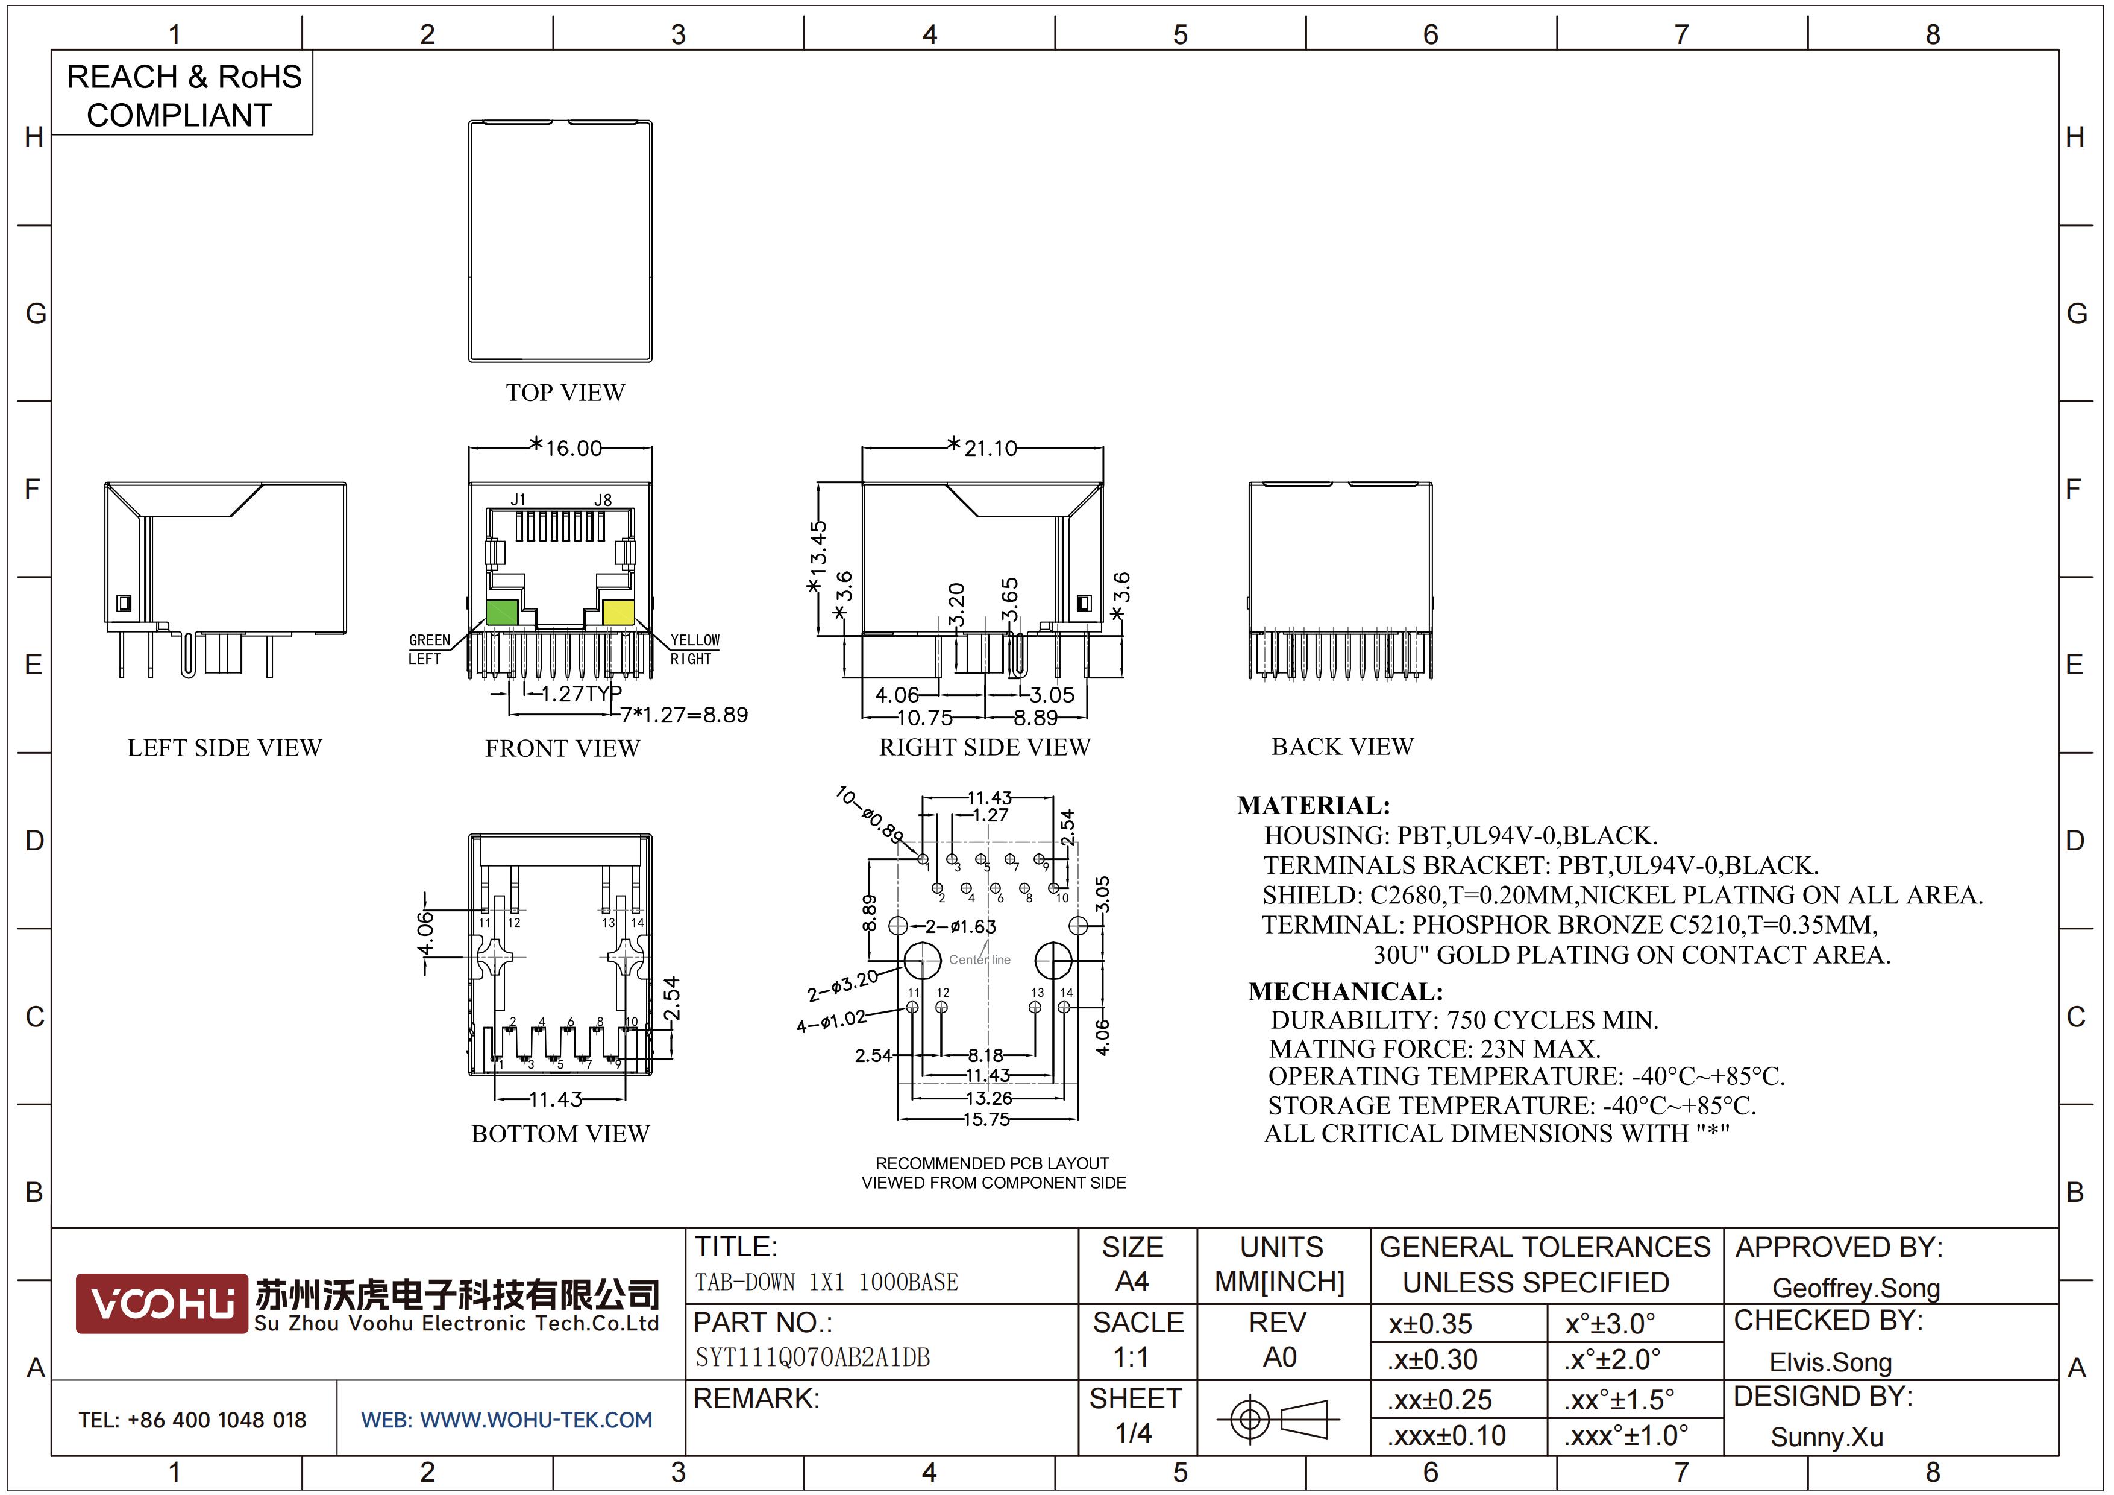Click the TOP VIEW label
[x=565, y=393]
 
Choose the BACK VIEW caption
[x=1343, y=747]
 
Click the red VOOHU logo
[x=162, y=1303]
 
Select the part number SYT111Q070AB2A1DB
[x=812, y=1358]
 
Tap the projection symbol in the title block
[x=1278, y=1418]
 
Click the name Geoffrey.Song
[x=1856, y=1289]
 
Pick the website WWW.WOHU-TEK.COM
[x=536, y=1420]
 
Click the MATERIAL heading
[x=1313, y=806]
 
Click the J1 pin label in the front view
[x=518, y=499]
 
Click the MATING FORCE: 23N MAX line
[x=1434, y=1049]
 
